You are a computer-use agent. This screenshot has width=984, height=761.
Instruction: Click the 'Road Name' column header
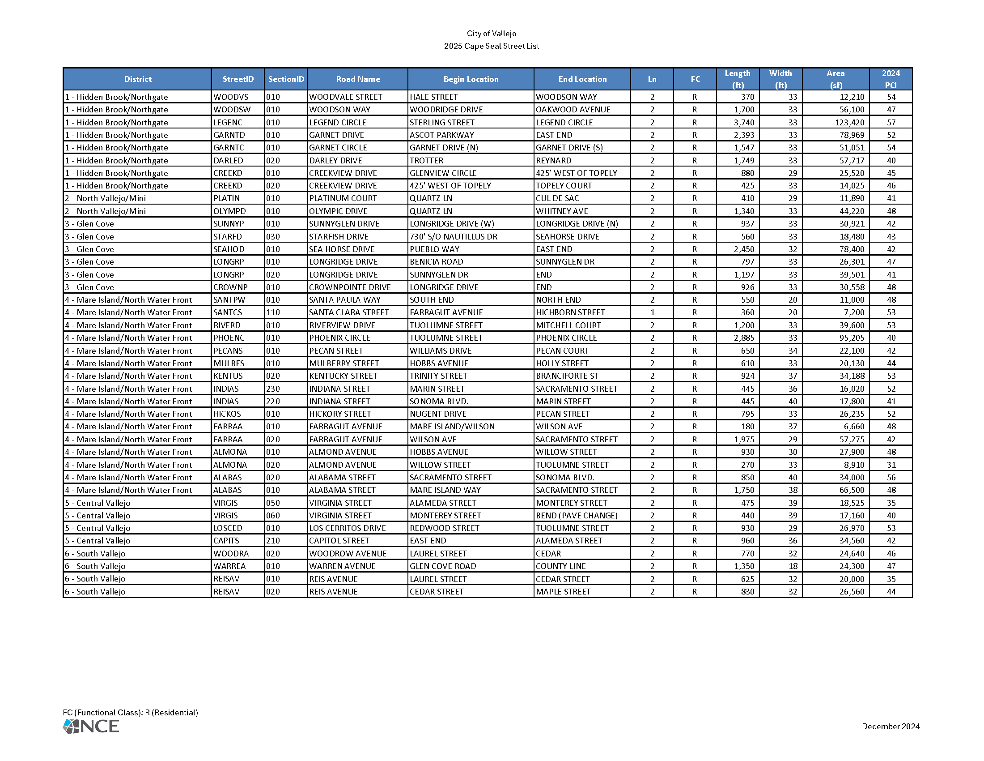coord(358,79)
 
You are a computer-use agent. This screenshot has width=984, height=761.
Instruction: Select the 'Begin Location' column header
coord(471,79)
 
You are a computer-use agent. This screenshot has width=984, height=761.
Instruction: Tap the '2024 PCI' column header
coord(890,79)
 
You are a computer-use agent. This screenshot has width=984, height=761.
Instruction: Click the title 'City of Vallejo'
coord(491,34)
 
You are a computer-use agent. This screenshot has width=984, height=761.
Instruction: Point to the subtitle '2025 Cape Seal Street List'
coord(491,46)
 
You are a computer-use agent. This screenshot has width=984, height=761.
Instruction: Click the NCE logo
coord(91,726)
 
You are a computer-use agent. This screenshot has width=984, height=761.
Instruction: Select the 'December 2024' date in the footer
coord(890,726)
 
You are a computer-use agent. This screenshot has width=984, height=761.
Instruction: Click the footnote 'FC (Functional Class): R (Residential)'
coord(130,712)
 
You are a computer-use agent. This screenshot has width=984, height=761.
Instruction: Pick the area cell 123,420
coord(849,123)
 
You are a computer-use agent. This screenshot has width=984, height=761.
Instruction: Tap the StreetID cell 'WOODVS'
coord(231,97)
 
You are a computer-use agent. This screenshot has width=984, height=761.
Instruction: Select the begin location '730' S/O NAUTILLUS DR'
coord(453,237)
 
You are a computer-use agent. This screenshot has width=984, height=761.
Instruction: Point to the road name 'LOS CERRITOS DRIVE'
coord(348,528)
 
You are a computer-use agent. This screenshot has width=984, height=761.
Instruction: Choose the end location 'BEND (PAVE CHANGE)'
coord(577,515)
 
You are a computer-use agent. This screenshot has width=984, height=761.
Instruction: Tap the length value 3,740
coord(744,123)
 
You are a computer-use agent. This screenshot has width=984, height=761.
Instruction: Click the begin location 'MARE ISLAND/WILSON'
coord(452,427)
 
